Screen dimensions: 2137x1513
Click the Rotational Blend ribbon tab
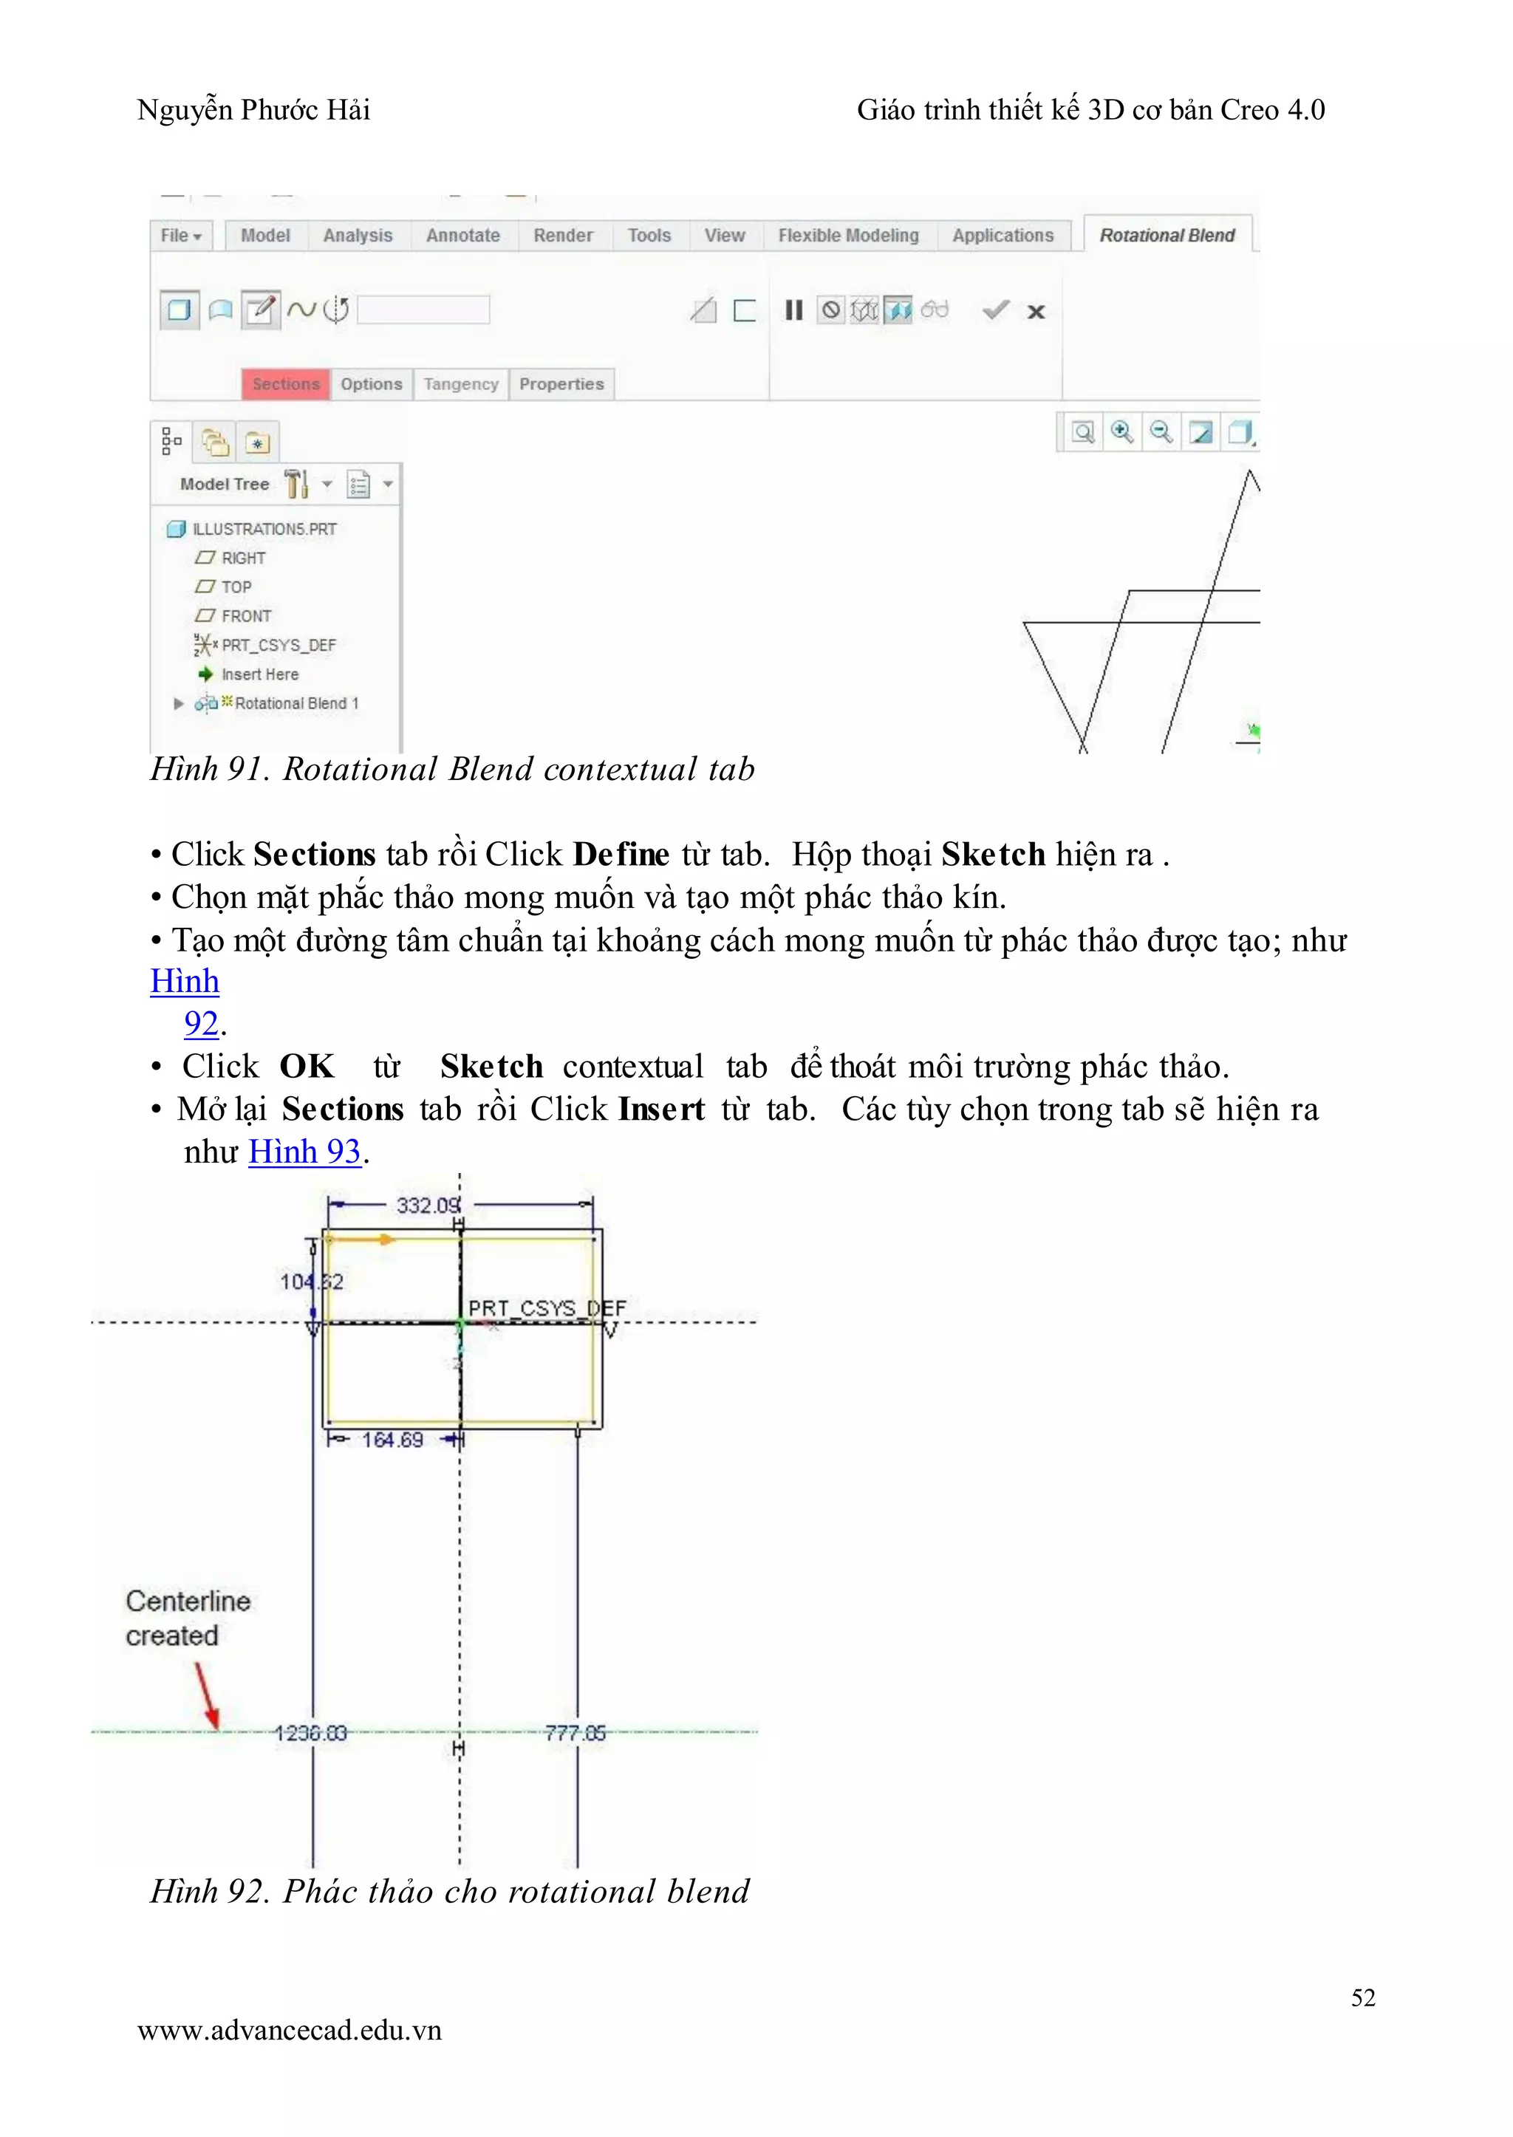(x=1167, y=236)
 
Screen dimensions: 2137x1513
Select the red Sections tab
(x=286, y=384)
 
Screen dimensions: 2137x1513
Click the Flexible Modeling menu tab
(x=848, y=236)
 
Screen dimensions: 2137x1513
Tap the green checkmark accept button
(x=996, y=310)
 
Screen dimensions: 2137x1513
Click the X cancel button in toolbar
(x=1036, y=312)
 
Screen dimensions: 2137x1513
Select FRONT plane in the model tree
(x=246, y=616)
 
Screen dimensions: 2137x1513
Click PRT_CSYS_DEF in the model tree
(x=278, y=645)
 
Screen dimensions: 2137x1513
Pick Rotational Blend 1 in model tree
(x=296, y=703)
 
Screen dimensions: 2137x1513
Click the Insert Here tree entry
(x=259, y=674)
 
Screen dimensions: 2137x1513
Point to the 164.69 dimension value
(x=392, y=1440)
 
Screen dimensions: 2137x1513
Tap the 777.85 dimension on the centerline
(x=575, y=1733)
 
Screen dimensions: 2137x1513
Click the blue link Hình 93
(x=304, y=1152)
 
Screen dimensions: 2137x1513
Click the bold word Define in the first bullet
(x=621, y=854)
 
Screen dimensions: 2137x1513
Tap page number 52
(x=1363, y=1997)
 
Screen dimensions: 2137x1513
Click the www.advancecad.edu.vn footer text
(x=289, y=2030)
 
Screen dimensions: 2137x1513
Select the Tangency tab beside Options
(x=460, y=384)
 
